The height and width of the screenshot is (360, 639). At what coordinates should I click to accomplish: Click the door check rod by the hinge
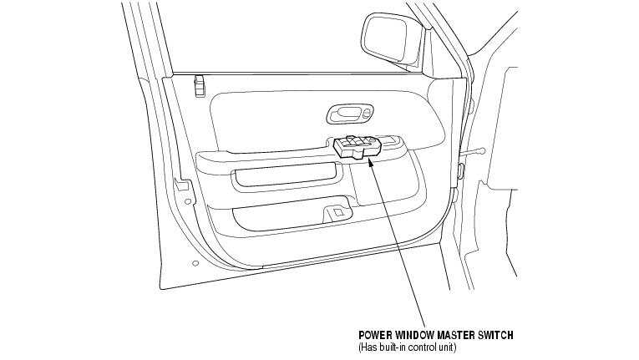pos(475,152)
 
